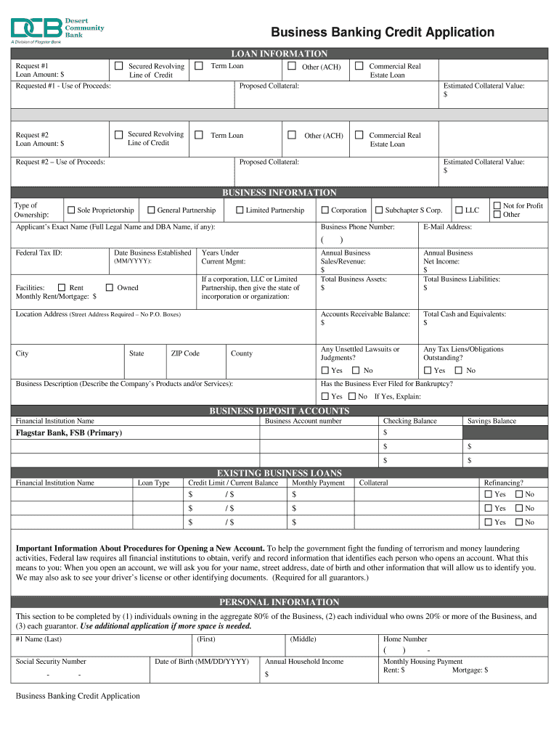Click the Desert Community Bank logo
tap(57, 29)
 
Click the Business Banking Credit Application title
tap(383, 33)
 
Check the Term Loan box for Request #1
tap(199, 66)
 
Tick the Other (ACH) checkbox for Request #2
tap(292, 135)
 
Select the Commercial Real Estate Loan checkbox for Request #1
tap(359, 66)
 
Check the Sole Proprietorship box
tap(71, 210)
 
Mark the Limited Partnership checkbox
tap(240, 210)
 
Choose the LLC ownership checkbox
tap(459, 210)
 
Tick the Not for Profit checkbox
tap(497, 206)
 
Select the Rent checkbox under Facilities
tap(62, 287)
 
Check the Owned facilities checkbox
tap(110, 287)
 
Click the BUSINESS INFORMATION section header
tap(279, 193)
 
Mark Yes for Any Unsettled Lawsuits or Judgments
tap(325, 370)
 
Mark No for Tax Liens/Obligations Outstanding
tap(459, 370)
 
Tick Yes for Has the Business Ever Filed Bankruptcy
tap(325, 396)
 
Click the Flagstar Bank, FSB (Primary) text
tap(69, 433)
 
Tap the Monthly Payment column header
tap(318, 483)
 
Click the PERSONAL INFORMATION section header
tap(279, 602)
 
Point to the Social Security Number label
tap(51, 662)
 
